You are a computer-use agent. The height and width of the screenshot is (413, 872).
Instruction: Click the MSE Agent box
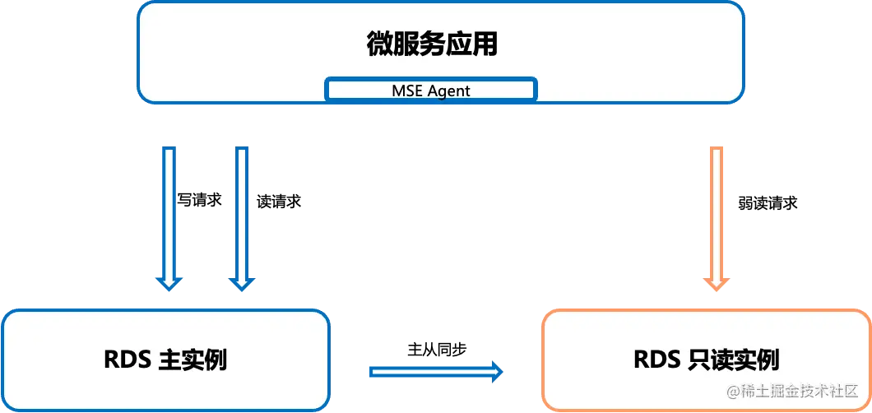[x=431, y=90]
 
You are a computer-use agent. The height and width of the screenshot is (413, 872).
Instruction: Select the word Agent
[x=448, y=90]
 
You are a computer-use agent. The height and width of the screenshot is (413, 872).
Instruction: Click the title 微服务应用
[x=432, y=44]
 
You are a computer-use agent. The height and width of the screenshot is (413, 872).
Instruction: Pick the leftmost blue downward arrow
[x=169, y=216]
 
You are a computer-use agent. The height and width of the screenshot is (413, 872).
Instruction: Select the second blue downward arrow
[x=240, y=216]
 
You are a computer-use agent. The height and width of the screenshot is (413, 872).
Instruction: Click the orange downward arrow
[x=716, y=216]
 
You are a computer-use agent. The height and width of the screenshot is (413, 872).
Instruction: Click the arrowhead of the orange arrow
[x=716, y=284]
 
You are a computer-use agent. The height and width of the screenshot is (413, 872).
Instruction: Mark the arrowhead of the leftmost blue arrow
[x=169, y=283]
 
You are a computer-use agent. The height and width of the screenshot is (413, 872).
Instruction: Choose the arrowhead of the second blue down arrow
[x=240, y=283]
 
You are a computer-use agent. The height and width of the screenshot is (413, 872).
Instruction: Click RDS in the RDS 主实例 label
[x=126, y=360]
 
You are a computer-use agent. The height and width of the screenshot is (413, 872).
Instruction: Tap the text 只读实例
[x=731, y=360]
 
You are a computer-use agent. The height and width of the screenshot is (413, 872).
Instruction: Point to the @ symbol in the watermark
[x=732, y=391]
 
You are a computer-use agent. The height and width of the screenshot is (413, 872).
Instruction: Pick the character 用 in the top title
[x=485, y=44]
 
